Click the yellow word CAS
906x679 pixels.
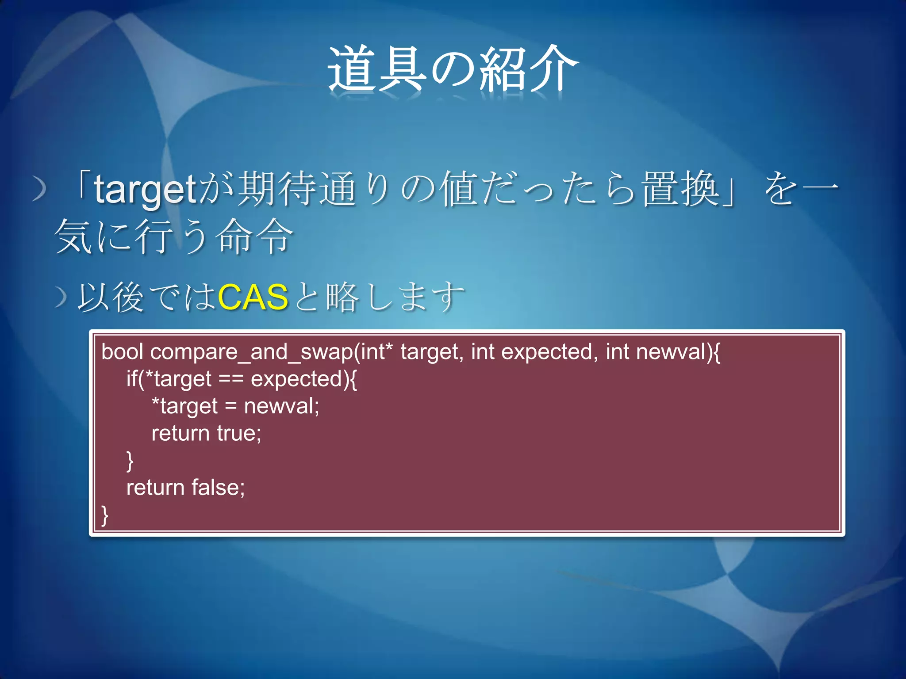tap(253, 297)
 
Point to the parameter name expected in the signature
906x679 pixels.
tap(547, 352)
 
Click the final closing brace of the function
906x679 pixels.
tap(105, 515)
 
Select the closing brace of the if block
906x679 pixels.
tap(130, 461)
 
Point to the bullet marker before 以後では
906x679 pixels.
tap(61, 297)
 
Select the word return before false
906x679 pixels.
tap(155, 488)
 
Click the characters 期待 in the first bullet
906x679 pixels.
tap(277, 189)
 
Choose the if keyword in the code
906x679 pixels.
tap(131, 379)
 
